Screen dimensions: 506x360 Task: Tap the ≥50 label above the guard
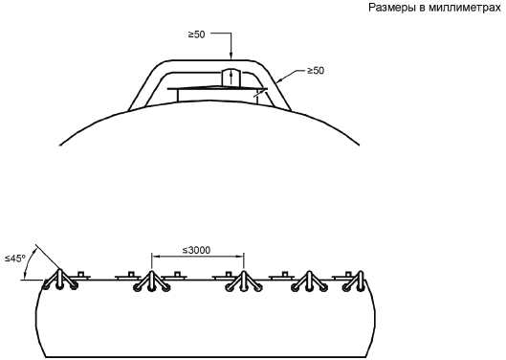[x=197, y=34]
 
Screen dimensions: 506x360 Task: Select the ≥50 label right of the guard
[x=316, y=71]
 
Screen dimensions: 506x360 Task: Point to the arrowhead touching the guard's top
[x=231, y=56]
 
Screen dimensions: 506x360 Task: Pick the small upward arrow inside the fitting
[x=231, y=79]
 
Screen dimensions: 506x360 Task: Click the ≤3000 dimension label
[x=196, y=250]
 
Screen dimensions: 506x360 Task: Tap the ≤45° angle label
[x=15, y=259]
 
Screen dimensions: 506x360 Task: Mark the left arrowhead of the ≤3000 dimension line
[x=156, y=257]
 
